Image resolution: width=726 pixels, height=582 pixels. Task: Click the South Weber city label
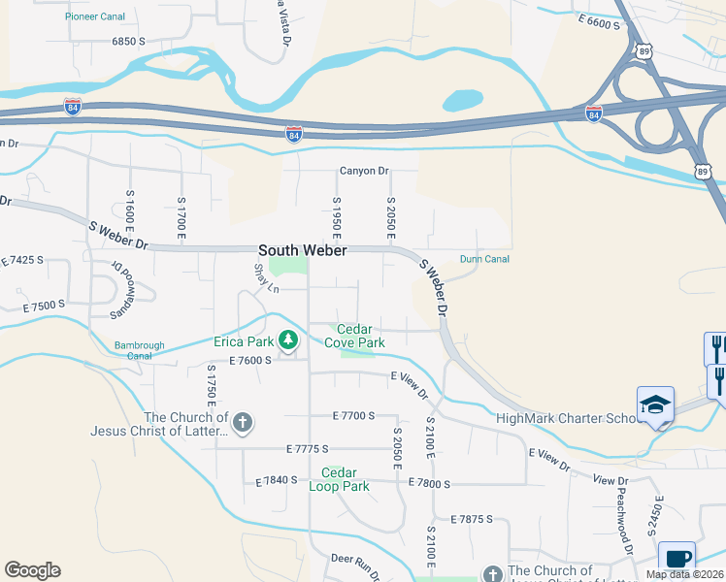(302, 250)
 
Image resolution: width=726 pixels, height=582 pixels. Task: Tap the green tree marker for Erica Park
(287, 339)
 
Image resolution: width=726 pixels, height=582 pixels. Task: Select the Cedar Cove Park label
(354, 336)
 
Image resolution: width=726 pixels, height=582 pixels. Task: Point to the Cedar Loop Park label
(346, 479)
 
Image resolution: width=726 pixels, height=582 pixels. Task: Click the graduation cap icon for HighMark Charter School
(655, 404)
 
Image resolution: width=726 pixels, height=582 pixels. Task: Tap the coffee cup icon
(676, 559)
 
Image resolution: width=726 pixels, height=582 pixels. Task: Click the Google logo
(32, 570)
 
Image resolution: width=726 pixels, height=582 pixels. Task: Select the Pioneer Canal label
(96, 17)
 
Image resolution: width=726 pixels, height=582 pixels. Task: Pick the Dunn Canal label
(484, 259)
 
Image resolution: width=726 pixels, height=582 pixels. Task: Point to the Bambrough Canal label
(140, 349)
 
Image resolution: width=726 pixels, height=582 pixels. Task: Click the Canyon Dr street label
(364, 172)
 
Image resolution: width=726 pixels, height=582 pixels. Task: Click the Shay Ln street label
(266, 279)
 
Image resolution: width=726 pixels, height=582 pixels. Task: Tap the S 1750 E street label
(209, 389)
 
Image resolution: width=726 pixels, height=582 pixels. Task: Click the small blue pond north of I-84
(462, 100)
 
